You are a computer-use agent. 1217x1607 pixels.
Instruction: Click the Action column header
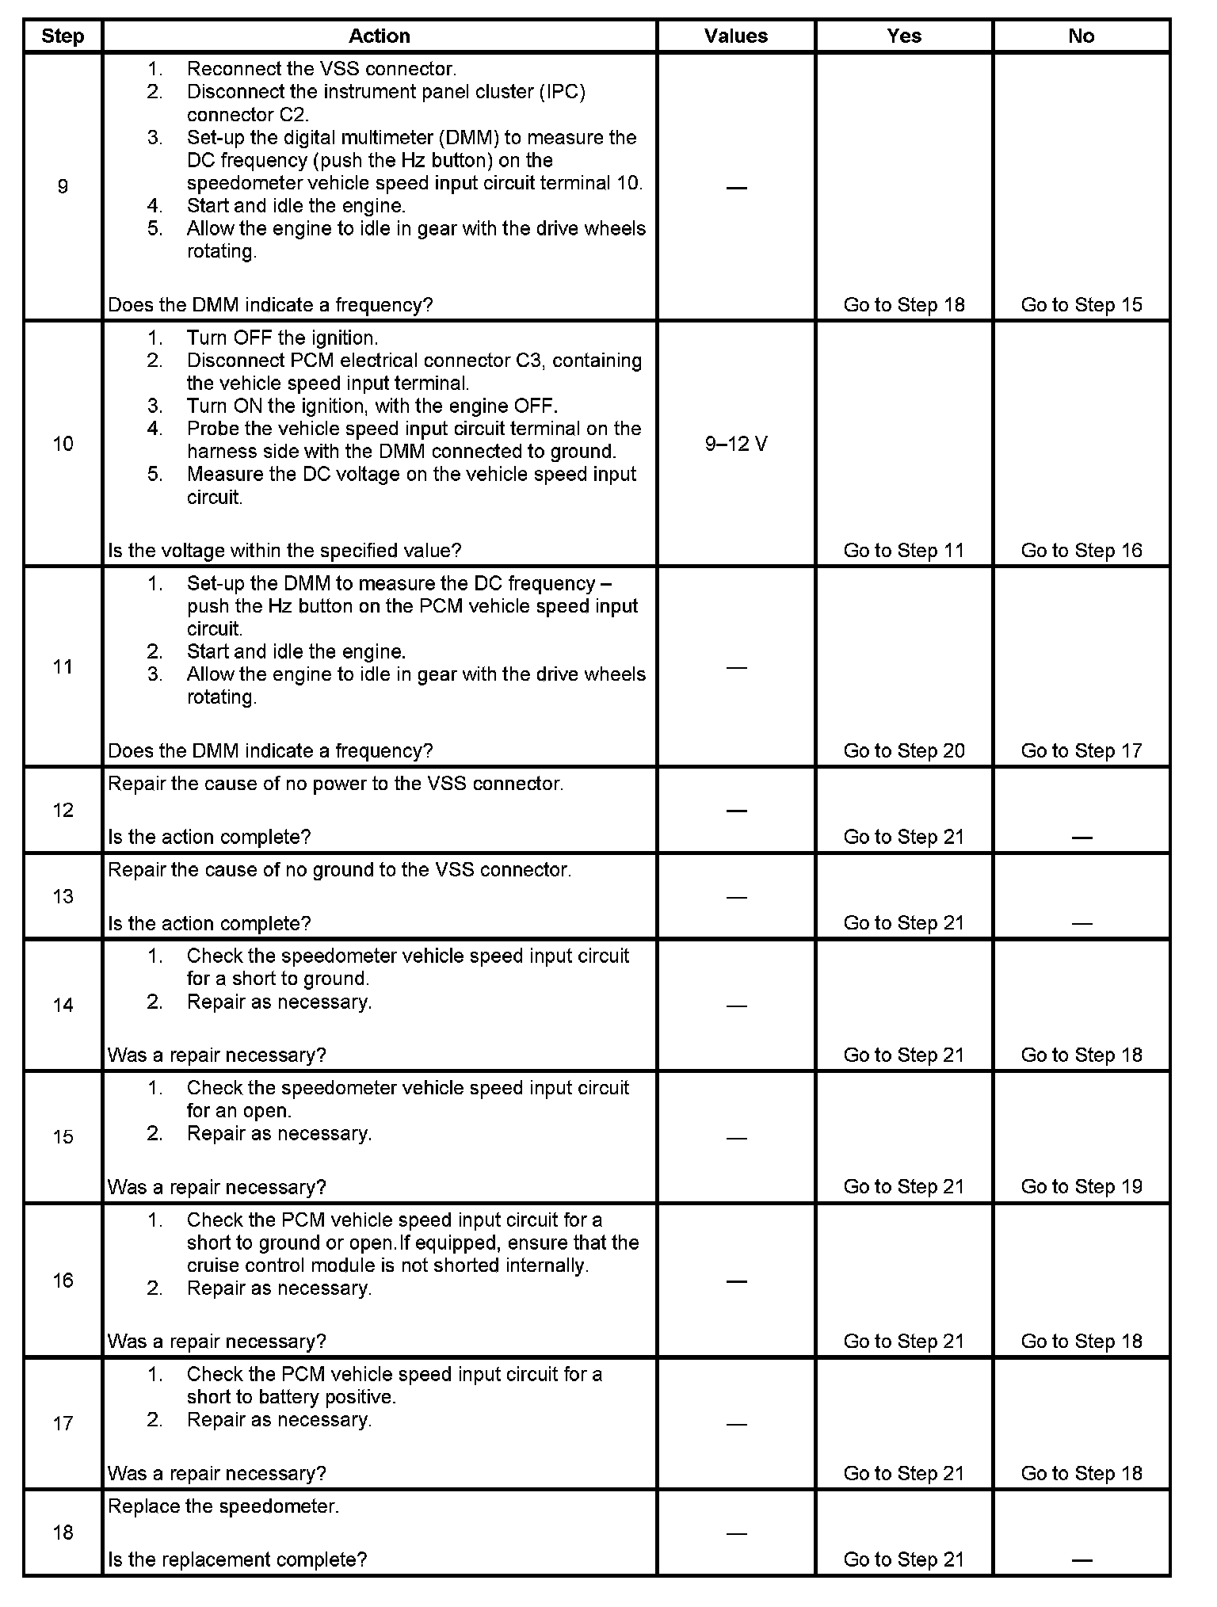pyautogui.click(x=380, y=36)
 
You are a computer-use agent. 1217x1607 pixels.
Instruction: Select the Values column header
pyautogui.click(x=736, y=36)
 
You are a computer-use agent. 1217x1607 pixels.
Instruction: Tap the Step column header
pyautogui.click(x=63, y=36)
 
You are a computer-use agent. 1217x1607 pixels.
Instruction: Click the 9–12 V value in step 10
pyautogui.click(x=736, y=444)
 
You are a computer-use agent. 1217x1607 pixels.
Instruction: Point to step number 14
pyautogui.click(x=63, y=1005)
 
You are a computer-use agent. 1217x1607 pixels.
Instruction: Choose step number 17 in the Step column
pyautogui.click(x=63, y=1423)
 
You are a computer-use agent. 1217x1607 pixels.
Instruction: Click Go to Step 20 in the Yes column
pyautogui.click(x=904, y=750)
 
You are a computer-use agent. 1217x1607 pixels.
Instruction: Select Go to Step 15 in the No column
pyautogui.click(x=1082, y=305)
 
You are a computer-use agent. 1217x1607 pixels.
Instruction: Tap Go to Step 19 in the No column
pyautogui.click(x=1082, y=1186)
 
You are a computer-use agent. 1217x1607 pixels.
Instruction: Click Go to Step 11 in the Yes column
pyautogui.click(x=904, y=551)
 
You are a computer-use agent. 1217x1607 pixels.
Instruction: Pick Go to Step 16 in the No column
pyautogui.click(x=1082, y=551)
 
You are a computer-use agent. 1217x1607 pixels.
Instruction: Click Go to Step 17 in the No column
pyautogui.click(x=1082, y=750)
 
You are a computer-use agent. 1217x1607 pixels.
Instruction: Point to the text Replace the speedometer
pyautogui.click(x=223, y=1506)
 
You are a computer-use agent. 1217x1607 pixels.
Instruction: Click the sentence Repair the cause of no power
pyautogui.click(x=335, y=784)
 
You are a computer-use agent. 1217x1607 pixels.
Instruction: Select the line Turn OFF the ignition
pyautogui.click(x=282, y=338)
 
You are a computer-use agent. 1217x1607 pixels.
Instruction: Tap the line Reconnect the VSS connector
pyautogui.click(x=321, y=69)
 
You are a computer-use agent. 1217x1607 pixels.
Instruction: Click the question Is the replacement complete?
pyautogui.click(x=237, y=1559)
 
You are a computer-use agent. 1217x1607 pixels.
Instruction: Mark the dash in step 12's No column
pyautogui.click(x=1082, y=838)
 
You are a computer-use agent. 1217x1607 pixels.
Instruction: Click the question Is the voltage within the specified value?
pyautogui.click(x=284, y=551)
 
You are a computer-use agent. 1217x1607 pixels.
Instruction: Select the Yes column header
pyautogui.click(x=904, y=36)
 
